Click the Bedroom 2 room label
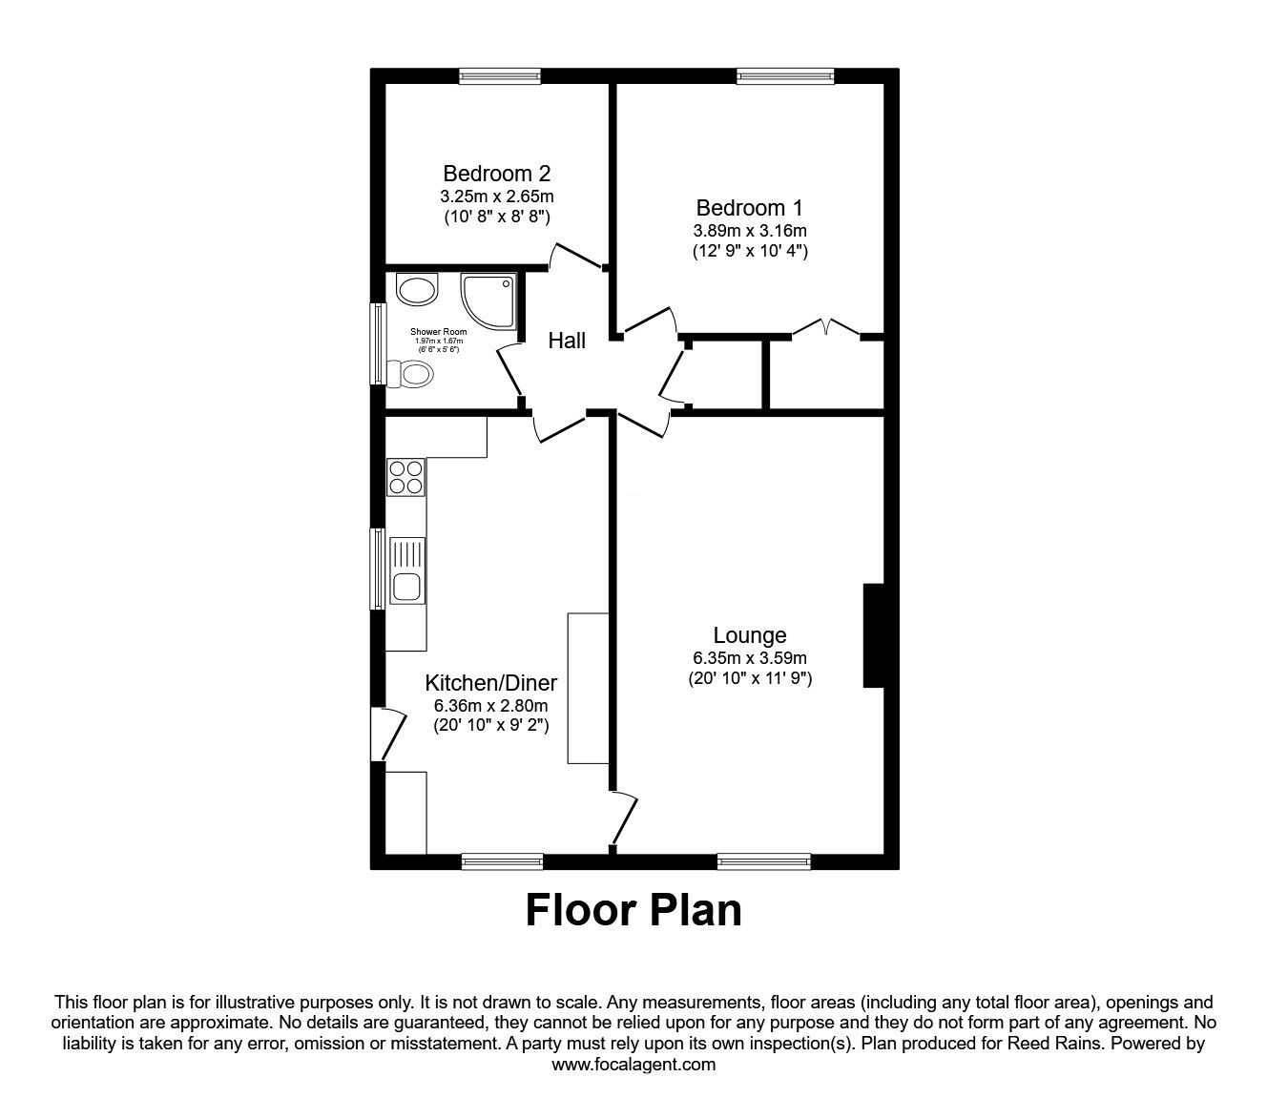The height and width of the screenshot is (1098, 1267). click(496, 174)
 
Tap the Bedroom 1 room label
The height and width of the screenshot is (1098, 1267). click(749, 208)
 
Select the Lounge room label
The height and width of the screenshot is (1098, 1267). click(750, 635)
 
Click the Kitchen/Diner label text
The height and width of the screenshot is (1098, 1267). click(490, 683)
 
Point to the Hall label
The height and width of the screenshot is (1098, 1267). click(567, 341)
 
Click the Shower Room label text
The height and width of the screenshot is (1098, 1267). click(439, 332)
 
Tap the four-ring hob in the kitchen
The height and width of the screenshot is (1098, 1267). click(405, 477)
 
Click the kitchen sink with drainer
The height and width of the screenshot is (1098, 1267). click(407, 571)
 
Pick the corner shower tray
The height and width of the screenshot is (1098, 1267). click(489, 296)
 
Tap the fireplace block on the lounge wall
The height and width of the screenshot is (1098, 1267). click(873, 635)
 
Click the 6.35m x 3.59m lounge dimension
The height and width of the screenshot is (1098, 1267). click(750, 658)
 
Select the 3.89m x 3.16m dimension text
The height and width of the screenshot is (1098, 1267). click(749, 231)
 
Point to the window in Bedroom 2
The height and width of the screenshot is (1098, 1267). click(500, 77)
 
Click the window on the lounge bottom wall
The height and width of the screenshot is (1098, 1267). click(764, 861)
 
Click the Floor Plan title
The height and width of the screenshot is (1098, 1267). click(633, 910)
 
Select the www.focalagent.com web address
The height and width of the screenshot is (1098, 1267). click(633, 1065)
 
